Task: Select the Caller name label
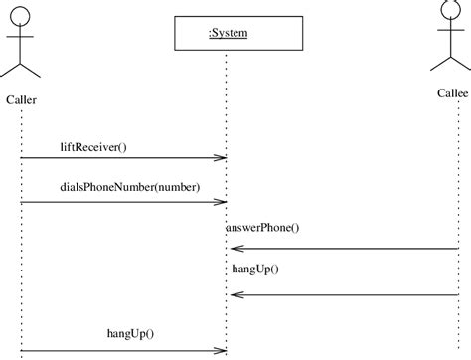pyautogui.click(x=22, y=99)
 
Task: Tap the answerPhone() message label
pyautogui.click(x=262, y=228)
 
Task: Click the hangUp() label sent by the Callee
pyautogui.click(x=255, y=269)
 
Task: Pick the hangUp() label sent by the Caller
pyautogui.click(x=129, y=333)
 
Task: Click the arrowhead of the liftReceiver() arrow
pyautogui.click(x=224, y=157)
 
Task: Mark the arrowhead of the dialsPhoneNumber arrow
pyautogui.click(x=224, y=202)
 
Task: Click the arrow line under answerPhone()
pyautogui.click(x=348, y=249)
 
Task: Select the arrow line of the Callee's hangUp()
pyautogui.click(x=348, y=294)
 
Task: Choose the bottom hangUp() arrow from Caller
pyautogui.click(x=119, y=350)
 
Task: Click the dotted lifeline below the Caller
pyautogui.click(x=21, y=249)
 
